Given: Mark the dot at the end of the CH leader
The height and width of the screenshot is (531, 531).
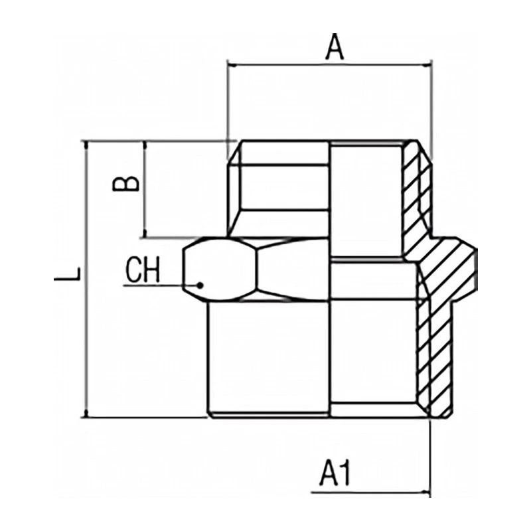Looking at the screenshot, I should [x=200, y=285].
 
